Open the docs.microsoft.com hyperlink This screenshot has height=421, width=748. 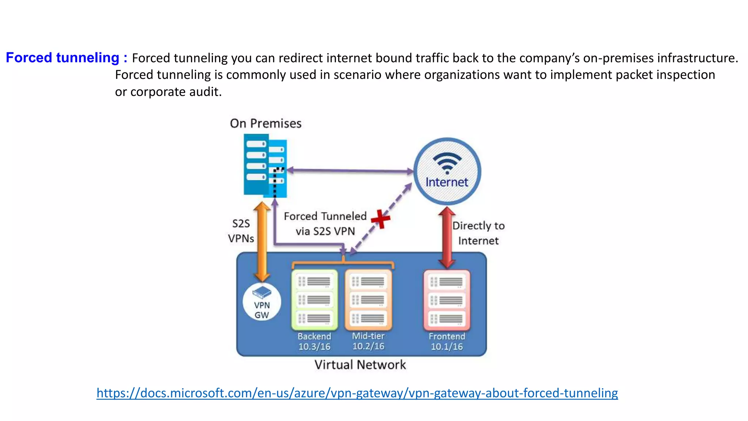point(357,393)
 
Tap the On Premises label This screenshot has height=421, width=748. point(266,124)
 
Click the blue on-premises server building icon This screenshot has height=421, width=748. point(265,166)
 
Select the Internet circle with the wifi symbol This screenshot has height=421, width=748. point(447,171)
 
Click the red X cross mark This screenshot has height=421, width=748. point(381,219)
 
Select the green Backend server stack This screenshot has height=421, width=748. point(314,300)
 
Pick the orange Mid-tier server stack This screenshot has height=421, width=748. point(368,300)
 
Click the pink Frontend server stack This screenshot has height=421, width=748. point(447,300)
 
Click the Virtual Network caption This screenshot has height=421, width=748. point(360,365)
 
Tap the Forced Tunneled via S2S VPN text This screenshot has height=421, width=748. point(325,224)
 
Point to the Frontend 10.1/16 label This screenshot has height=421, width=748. point(447,341)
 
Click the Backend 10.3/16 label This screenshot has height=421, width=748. point(314,341)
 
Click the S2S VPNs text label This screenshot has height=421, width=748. point(241,231)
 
